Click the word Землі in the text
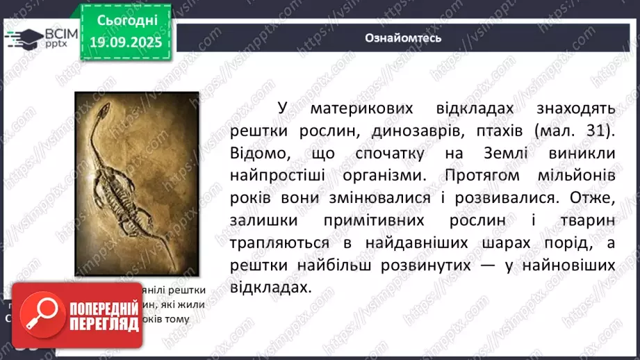[x=493, y=152]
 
